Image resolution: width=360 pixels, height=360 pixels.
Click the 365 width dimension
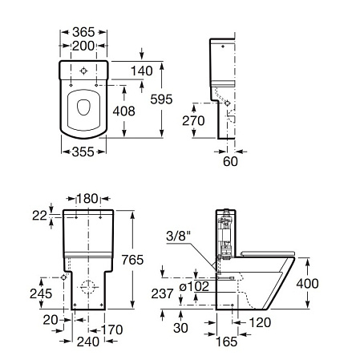pos(83,32)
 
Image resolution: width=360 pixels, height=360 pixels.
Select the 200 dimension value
pos(83,46)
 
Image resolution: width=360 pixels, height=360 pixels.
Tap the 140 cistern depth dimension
pos(142,71)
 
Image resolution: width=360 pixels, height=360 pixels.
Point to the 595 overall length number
pos(161,99)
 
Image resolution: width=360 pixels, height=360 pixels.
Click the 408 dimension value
pos(124,111)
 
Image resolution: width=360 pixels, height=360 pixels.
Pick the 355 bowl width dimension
pos(83,152)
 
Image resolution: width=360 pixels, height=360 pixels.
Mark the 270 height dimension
pos(193,120)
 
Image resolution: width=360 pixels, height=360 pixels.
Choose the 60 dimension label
pos(230,161)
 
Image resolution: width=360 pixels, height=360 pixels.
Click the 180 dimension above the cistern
pos(87,198)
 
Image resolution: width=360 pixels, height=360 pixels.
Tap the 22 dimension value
pos(39,216)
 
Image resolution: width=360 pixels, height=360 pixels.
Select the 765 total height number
pos(132,260)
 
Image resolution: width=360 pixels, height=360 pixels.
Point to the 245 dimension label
pos(41,293)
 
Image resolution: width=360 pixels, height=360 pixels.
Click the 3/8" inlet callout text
pos(179,236)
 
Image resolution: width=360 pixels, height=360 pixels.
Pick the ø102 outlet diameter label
pos(194,287)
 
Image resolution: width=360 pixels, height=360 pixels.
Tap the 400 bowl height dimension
pos(307,283)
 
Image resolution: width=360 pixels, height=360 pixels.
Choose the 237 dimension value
pos(163,293)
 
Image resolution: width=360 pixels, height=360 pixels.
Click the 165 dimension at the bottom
pos(227,342)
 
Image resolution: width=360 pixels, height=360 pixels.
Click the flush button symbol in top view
pos(83,71)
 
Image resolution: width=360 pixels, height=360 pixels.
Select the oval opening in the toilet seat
pos(83,107)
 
